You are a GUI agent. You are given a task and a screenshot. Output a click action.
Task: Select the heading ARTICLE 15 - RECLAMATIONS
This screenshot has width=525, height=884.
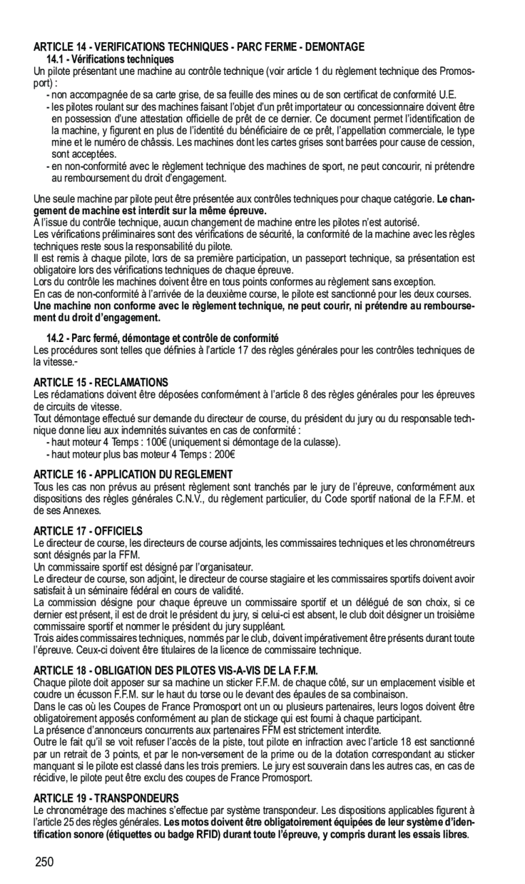[100, 383]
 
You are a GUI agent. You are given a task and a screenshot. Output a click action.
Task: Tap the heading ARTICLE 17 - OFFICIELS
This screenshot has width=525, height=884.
[88, 530]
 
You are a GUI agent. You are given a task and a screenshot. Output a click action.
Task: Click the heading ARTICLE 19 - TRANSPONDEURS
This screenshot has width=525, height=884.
[106, 797]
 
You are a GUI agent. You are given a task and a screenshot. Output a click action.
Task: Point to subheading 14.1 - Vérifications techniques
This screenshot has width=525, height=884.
[109, 59]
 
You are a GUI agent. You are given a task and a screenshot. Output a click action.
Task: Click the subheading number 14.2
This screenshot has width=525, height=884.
[55, 338]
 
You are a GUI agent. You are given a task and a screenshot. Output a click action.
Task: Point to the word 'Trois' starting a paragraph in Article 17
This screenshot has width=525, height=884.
[44, 639]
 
